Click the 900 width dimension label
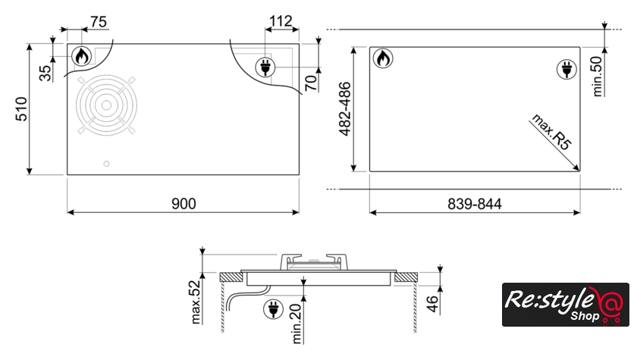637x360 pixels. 184,203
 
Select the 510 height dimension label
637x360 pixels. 21,109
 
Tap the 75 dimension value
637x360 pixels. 99,21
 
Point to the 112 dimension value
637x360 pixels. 281,20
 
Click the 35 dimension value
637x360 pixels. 45,73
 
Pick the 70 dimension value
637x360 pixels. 311,83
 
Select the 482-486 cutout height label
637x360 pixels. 344,109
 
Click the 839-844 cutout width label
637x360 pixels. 475,204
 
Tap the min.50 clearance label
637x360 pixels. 597,77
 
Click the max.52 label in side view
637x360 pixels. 196,302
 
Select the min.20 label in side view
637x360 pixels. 297,324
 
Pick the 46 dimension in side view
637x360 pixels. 433,304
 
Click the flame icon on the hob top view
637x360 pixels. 82,56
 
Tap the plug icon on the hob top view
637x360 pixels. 265,67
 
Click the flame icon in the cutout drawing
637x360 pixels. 383,58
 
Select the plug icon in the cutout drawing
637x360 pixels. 566,69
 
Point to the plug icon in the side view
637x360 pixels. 274,309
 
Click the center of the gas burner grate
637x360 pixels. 106,105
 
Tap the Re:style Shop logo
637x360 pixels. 566,305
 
